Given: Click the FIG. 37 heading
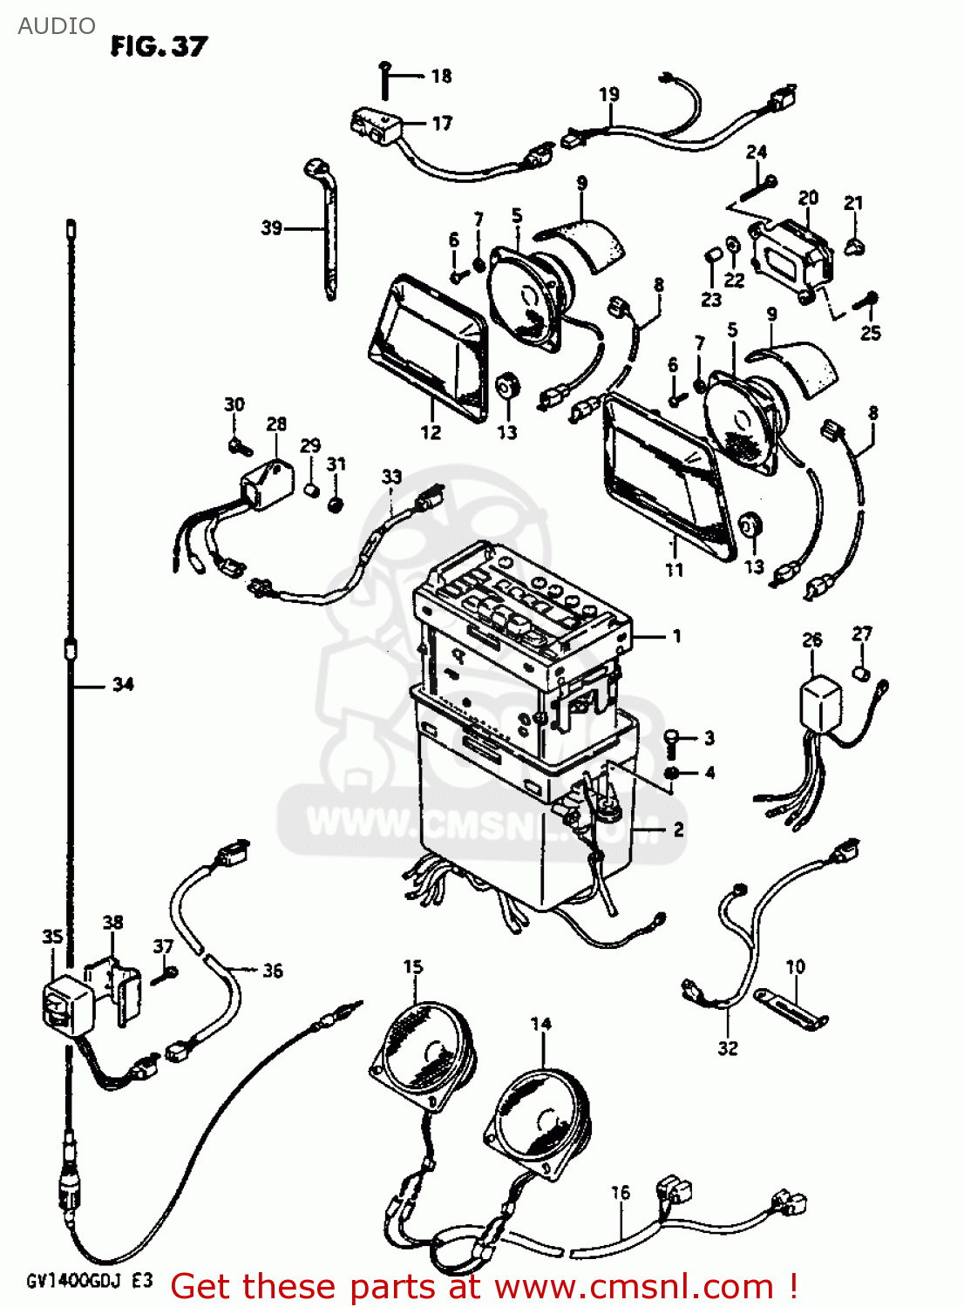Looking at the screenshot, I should (159, 46).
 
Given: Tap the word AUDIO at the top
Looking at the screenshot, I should (57, 26).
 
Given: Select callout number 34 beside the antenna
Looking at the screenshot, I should (123, 685).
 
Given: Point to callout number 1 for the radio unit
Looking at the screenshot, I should (676, 637).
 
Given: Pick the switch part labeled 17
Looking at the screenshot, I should (374, 125).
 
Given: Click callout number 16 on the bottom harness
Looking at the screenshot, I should (620, 1193).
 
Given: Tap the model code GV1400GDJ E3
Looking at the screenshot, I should (89, 1280).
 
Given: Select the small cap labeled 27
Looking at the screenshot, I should (861, 674).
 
